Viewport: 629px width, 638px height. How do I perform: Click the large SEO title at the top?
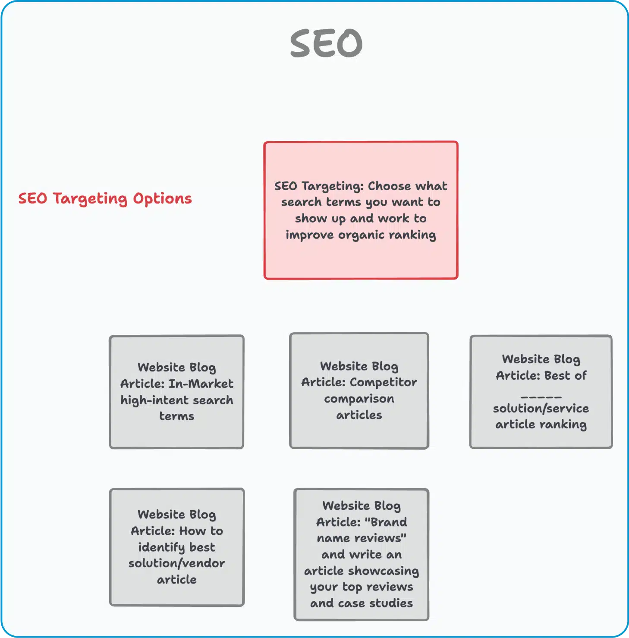pos(326,44)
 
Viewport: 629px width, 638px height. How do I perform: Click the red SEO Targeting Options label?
pos(105,199)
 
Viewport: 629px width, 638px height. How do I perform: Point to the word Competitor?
pos(383,382)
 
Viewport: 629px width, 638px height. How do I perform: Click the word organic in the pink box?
pos(361,235)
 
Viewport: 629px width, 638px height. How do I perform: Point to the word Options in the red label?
pos(162,199)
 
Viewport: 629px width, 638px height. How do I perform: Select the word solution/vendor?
pos(176,563)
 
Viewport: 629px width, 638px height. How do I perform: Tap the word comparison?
pos(359,399)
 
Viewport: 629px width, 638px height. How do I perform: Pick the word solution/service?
pos(541,408)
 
